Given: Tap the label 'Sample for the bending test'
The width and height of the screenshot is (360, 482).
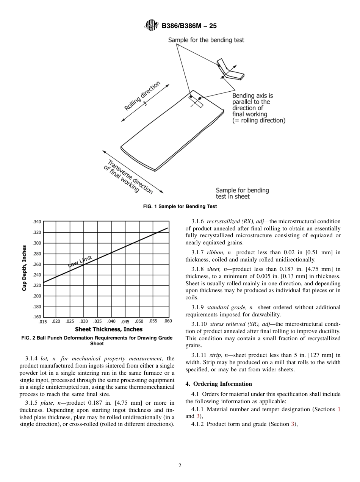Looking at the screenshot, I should coord(206,40).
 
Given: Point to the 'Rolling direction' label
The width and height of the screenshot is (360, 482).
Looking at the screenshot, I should coord(142,96).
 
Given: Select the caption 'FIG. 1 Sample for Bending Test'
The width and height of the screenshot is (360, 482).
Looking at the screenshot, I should coord(180,207).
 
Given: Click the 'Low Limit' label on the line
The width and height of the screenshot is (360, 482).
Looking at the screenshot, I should coord(80,261).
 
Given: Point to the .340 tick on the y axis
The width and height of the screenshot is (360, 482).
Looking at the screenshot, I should coord(37,222).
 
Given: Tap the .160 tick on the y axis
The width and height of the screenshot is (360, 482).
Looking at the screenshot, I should coord(37,317).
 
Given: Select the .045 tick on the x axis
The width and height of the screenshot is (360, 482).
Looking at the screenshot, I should coord(125,322).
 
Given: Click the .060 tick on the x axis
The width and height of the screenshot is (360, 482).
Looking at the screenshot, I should coord(167,321).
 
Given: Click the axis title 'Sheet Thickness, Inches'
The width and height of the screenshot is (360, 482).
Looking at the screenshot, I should coord(108,329).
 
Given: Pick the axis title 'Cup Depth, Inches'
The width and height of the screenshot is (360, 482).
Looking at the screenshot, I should coord(25,268).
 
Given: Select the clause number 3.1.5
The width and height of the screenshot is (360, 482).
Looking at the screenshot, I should coord(32,402).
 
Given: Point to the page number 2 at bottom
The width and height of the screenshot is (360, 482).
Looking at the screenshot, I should coord(180,466).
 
